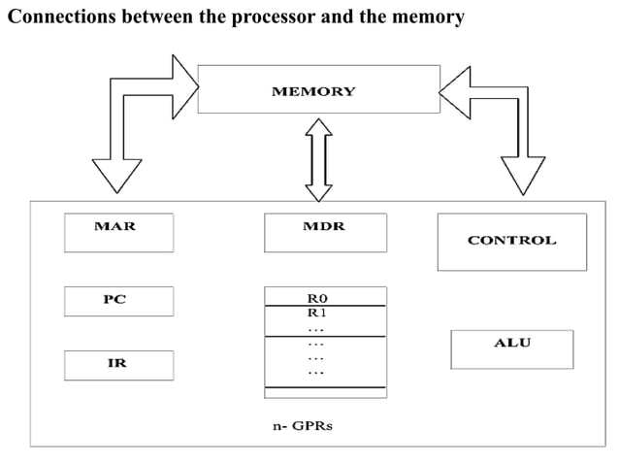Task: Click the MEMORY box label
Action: click(312, 91)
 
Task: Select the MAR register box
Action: click(118, 232)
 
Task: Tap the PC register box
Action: click(118, 301)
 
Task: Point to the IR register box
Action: click(118, 365)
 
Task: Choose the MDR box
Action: click(324, 232)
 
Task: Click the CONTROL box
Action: click(511, 241)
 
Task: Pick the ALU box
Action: click(511, 348)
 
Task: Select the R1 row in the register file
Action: click(324, 314)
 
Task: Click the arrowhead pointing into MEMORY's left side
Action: click(183, 85)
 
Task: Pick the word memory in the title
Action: click(426, 17)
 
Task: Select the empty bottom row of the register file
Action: click(324, 391)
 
